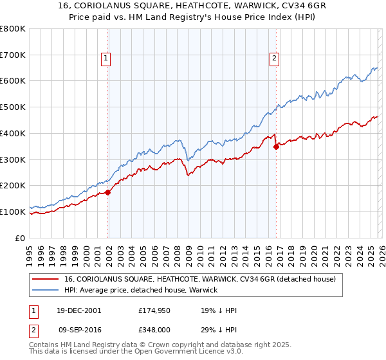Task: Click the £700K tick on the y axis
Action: (13, 55)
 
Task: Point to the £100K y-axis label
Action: (13, 212)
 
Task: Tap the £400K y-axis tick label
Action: (13, 133)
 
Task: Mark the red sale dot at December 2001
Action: (108, 192)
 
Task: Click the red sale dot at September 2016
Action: (276, 147)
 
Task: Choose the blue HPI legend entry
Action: (141, 291)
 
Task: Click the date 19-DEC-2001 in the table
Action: (78, 310)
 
